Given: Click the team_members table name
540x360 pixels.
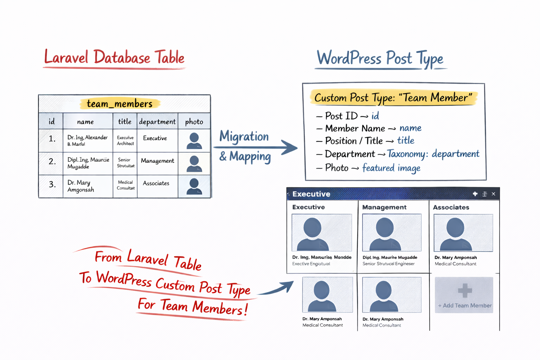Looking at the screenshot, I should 120,104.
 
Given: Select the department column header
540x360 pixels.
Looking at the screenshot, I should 157,122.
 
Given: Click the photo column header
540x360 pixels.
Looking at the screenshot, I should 194,122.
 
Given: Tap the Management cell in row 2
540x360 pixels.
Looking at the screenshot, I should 157,161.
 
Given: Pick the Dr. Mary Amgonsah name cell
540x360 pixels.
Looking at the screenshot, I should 81,186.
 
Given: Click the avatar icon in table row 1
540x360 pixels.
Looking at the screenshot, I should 194,141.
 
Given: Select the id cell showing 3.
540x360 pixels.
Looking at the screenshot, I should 52,184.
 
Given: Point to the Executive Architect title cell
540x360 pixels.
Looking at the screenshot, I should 125,141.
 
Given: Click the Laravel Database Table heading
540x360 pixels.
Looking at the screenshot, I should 114,58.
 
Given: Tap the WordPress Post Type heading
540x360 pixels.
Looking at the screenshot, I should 380,58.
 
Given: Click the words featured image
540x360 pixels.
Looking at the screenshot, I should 391,168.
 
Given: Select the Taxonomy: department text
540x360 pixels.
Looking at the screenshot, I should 433,154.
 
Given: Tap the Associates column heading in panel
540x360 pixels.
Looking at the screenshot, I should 451,207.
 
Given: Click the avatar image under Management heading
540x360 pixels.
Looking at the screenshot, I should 392,232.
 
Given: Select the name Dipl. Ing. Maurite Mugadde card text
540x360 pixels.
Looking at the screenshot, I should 390,257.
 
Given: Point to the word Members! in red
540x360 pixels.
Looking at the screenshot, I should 220,308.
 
